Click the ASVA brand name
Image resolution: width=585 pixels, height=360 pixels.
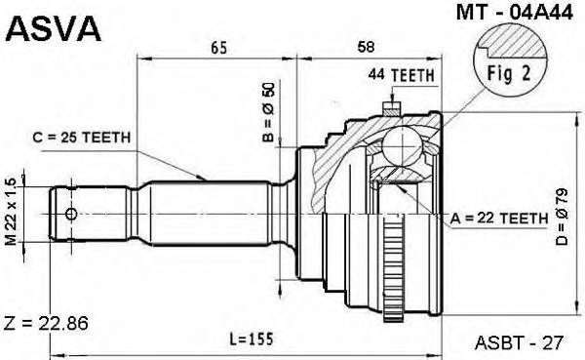pyautogui.click(x=55, y=29)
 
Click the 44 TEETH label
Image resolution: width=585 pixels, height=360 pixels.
pyautogui.click(x=401, y=75)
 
